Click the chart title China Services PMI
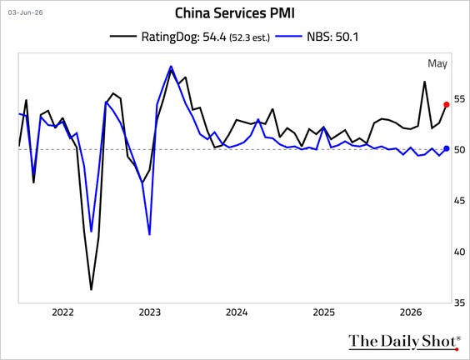[x=235, y=13]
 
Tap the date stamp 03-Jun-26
[x=26, y=12]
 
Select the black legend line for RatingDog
[x=122, y=37]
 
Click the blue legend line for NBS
[x=288, y=37]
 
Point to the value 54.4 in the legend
[x=214, y=37]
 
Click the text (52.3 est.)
[x=249, y=37]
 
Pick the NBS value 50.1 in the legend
[x=347, y=37]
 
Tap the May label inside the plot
[x=437, y=64]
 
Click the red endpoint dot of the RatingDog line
[x=447, y=105]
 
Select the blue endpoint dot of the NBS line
[x=447, y=148]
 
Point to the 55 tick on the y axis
[x=459, y=99]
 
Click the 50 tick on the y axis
[x=459, y=149]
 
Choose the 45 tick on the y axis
[x=459, y=201]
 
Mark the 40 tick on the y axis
[x=459, y=252]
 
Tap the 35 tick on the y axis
[x=459, y=302]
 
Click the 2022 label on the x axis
[x=62, y=312]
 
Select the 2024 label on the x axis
[x=237, y=312]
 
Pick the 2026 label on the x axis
[x=411, y=312]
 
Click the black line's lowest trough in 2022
[x=91, y=289]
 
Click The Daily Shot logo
[x=404, y=342]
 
